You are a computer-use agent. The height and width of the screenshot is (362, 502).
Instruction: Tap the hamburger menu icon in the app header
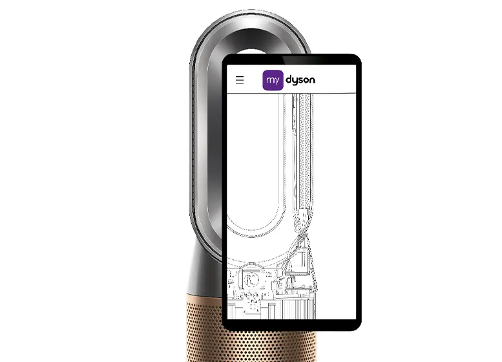pos(240,80)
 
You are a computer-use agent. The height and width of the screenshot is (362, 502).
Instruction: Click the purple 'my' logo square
pos(273,80)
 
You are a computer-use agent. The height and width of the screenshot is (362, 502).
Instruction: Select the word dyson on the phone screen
pos(300,80)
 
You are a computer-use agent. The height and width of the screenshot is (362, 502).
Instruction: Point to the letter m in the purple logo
pos(269,80)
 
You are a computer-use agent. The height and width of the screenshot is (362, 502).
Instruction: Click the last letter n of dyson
pos(312,80)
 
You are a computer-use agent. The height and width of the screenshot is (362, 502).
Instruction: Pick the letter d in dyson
pos(289,79)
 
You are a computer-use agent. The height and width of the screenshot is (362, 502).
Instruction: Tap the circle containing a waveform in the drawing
pos(251,279)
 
